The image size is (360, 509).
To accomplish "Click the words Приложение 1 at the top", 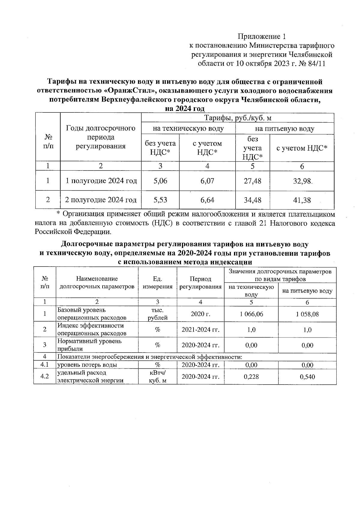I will click(262, 37).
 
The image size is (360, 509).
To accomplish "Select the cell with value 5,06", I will click(160, 181).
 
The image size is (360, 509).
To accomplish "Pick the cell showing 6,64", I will click(207, 200).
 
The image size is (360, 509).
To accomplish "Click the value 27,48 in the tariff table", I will click(252, 181).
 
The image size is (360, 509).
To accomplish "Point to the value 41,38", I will click(302, 200).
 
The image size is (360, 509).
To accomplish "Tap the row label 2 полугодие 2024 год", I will click(101, 200).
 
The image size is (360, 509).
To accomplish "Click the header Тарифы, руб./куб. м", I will click(238, 118).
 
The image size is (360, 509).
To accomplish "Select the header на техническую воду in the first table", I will click(188, 129).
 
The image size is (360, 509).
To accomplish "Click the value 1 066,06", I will click(251, 314).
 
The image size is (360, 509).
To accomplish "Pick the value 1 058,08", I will click(307, 314).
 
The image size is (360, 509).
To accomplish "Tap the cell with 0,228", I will click(251, 377).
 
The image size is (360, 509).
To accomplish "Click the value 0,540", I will click(307, 377).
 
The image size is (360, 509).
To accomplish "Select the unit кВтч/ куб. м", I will click(157, 377).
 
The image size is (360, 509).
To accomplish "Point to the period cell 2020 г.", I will click(200, 314).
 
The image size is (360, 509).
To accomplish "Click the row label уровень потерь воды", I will click(87, 365).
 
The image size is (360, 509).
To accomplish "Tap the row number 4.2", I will click(45, 377).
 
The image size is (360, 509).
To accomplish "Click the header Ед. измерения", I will click(157, 283).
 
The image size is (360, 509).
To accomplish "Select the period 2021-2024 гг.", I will click(200, 330).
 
